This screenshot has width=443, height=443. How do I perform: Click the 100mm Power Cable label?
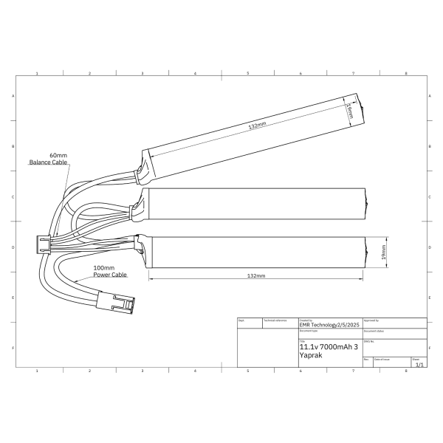(109, 271)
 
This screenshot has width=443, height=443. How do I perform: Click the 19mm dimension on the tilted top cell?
(349, 111)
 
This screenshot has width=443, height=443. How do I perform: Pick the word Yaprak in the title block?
(311, 355)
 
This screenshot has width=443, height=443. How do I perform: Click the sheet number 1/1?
(419, 364)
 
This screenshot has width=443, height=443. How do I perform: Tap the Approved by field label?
(371, 320)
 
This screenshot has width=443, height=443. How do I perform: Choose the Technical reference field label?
(275, 320)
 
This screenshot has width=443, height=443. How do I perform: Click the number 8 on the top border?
(405, 74)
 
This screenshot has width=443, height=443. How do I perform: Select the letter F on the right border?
(431, 347)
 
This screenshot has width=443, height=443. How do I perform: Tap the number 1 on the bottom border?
(37, 370)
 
